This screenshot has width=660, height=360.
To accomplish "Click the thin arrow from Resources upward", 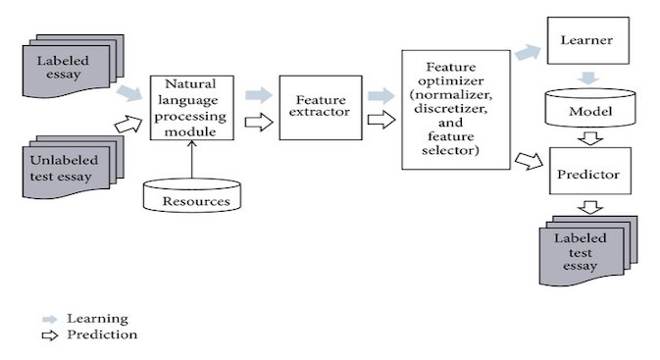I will coord(191,158).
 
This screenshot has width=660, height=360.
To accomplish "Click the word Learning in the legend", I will coord(97,319).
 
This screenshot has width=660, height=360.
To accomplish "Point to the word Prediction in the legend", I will coord(101,335).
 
